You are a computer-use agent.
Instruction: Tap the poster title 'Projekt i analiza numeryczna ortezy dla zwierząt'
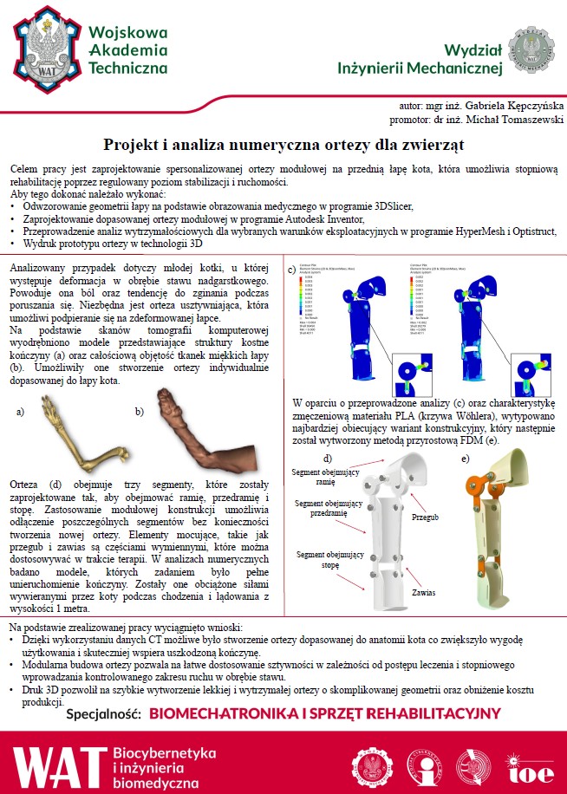(283, 143)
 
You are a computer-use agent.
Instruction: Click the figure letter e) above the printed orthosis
(466, 458)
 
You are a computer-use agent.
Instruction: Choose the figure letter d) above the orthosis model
(328, 458)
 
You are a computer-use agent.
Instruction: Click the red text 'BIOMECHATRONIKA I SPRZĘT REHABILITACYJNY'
(325, 714)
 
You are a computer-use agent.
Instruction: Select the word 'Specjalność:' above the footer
(103, 714)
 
